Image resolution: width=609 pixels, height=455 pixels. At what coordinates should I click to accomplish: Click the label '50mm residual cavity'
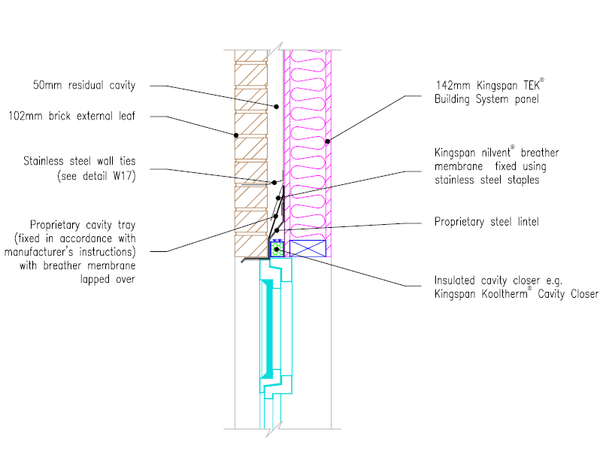[84, 85]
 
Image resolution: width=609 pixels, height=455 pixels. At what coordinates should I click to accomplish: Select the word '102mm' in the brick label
[26, 116]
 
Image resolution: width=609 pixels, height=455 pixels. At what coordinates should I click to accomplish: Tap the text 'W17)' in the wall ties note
[124, 176]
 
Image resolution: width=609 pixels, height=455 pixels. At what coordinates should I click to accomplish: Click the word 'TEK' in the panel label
[532, 85]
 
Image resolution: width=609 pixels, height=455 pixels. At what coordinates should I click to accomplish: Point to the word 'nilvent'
[496, 153]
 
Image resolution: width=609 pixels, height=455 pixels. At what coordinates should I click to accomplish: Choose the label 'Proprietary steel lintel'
[486, 222]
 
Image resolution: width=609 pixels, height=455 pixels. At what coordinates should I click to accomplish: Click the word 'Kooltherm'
[504, 294]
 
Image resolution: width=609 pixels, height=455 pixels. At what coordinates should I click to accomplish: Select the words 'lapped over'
[108, 279]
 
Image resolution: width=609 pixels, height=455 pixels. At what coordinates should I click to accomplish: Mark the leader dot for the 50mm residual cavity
[277, 107]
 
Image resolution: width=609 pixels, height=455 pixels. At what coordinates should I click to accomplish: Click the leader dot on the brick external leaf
[236, 135]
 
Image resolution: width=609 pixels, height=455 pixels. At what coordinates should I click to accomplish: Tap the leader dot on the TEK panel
[327, 141]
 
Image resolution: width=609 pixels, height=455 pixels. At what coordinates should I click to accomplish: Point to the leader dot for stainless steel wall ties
[274, 183]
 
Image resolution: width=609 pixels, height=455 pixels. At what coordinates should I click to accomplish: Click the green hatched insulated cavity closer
[277, 249]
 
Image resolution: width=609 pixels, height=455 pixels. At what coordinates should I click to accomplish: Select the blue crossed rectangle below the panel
[308, 249]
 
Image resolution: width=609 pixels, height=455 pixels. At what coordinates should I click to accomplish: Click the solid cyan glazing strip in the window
[268, 329]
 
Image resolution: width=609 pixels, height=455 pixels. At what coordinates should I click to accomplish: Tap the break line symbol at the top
[274, 50]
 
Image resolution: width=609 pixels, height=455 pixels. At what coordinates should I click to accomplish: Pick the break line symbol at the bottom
[274, 429]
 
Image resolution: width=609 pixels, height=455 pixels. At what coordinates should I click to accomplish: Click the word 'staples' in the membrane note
[523, 180]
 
